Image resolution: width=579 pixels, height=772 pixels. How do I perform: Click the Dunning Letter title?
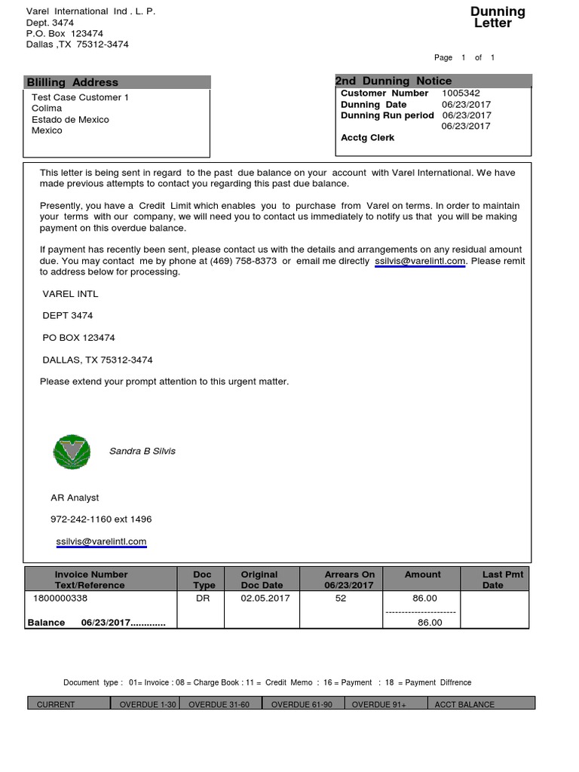[x=498, y=17]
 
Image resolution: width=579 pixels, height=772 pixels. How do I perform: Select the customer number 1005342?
[x=461, y=93]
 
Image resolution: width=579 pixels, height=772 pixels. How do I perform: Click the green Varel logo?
[x=72, y=451]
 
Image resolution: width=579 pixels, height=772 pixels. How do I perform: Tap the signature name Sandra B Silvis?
[x=142, y=451]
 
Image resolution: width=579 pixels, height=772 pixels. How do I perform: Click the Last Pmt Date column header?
[x=502, y=579]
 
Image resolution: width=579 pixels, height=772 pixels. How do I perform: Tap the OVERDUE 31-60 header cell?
[x=219, y=704]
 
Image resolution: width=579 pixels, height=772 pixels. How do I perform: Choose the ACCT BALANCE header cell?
[x=464, y=704]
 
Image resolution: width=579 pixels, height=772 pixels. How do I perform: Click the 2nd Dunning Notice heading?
[x=394, y=81]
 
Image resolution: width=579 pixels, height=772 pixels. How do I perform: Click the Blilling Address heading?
[x=72, y=82]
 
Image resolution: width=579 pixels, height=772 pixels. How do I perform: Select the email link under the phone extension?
[x=101, y=541]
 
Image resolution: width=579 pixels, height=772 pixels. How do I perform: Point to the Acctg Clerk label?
[x=367, y=138]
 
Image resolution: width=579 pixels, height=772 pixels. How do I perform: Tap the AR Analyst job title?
[x=75, y=498]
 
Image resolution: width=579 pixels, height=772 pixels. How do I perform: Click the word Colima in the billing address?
[x=47, y=109]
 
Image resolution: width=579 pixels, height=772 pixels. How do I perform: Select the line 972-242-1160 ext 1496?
[x=101, y=519]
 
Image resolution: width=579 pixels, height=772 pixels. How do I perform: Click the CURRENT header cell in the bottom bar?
[x=56, y=704]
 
